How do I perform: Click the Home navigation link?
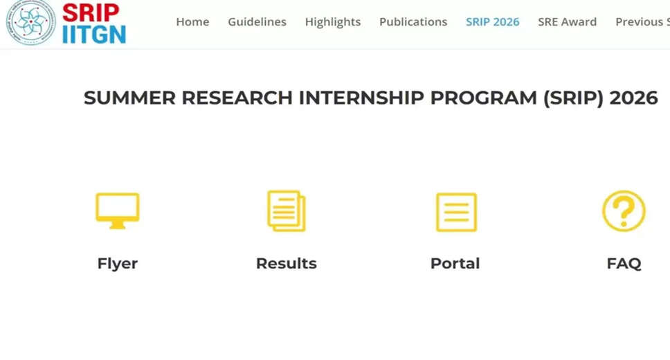(x=192, y=22)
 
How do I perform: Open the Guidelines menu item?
(x=257, y=22)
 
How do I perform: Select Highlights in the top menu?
(x=332, y=22)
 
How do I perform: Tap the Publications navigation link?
(x=413, y=22)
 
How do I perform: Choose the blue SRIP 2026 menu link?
(x=492, y=22)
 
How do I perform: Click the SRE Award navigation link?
(x=567, y=22)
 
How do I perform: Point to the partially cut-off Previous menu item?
(x=642, y=22)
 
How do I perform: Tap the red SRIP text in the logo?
(x=91, y=12)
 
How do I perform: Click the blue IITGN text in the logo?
(x=94, y=34)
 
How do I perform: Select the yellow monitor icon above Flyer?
(x=117, y=211)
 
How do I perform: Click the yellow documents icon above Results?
(x=286, y=211)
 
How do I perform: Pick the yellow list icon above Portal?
(x=455, y=212)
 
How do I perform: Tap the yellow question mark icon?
(x=624, y=211)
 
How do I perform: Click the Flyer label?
(x=118, y=264)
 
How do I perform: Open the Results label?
(x=286, y=264)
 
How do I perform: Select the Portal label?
(x=455, y=264)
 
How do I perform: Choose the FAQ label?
(x=624, y=264)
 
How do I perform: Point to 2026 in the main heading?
(x=633, y=98)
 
